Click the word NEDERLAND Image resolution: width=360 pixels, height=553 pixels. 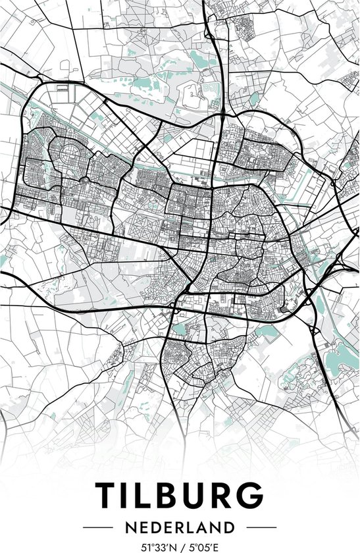(x=180, y=528)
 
